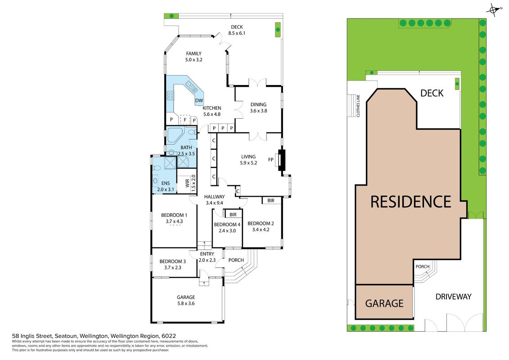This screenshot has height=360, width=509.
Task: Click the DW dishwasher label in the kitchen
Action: pyautogui.click(x=199, y=101)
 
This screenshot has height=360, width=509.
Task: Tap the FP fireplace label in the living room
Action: pyautogui.click(x=271, y=160)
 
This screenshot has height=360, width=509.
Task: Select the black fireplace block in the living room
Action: pyautogui.click(x=281, y=160)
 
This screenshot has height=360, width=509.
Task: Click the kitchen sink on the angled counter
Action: pyautogui.click(x=190, y=85)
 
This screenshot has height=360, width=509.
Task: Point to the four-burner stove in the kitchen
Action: pyautogui.click(x=170, y=95)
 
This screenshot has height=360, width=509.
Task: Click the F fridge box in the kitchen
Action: pyautogui.click(x=185, y=120)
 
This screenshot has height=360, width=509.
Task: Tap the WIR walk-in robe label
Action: pyautogui.click(x=187, y=184)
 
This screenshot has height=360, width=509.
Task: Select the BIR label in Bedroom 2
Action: pyautogui.click(x=271, y=201)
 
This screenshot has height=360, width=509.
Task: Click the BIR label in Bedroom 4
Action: pyautogui.click(x=233, y=215)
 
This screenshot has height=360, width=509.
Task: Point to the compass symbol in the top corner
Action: pyautogui.click(x=493, y=10)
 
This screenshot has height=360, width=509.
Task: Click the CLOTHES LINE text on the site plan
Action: pyautogui.click(x=358, y=106)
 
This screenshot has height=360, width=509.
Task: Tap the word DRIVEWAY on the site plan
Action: pyautogui.click(x=454, y=297)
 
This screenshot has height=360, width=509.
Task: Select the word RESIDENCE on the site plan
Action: pyautogui.click(x=410, y=202)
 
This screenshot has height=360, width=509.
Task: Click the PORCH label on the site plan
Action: pyautogui.click(x=422, y=266)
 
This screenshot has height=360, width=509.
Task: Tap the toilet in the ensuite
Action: pyautogui.click(x=157, y=168)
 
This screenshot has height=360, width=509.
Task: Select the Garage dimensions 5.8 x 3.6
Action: pyautogui.click(x=186, y=303)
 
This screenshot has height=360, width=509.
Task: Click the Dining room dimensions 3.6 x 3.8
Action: pyautogui.click(x=259, y=111)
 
